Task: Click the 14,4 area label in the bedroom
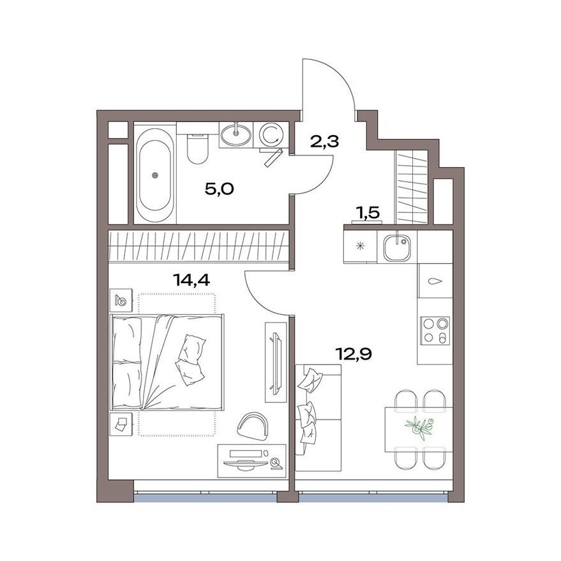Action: tap(191, 279)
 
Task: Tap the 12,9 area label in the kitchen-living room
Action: tap(354, 354)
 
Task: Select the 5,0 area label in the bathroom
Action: tap(220, 189)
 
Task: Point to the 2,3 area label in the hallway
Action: tap(325, 142)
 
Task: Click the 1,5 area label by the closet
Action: tap(368, 213)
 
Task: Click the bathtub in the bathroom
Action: tap(154, 175)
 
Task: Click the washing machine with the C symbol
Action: tap(270, 135)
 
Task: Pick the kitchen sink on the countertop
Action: tap(397, 247)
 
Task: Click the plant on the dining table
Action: tap(419, 425)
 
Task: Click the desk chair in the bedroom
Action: tap(253, 425)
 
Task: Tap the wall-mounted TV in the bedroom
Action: tap(275, 362)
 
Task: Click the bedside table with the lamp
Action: tap(121, 300)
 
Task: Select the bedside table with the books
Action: tap(121, 424)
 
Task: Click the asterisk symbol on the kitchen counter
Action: tap(361, 246)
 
